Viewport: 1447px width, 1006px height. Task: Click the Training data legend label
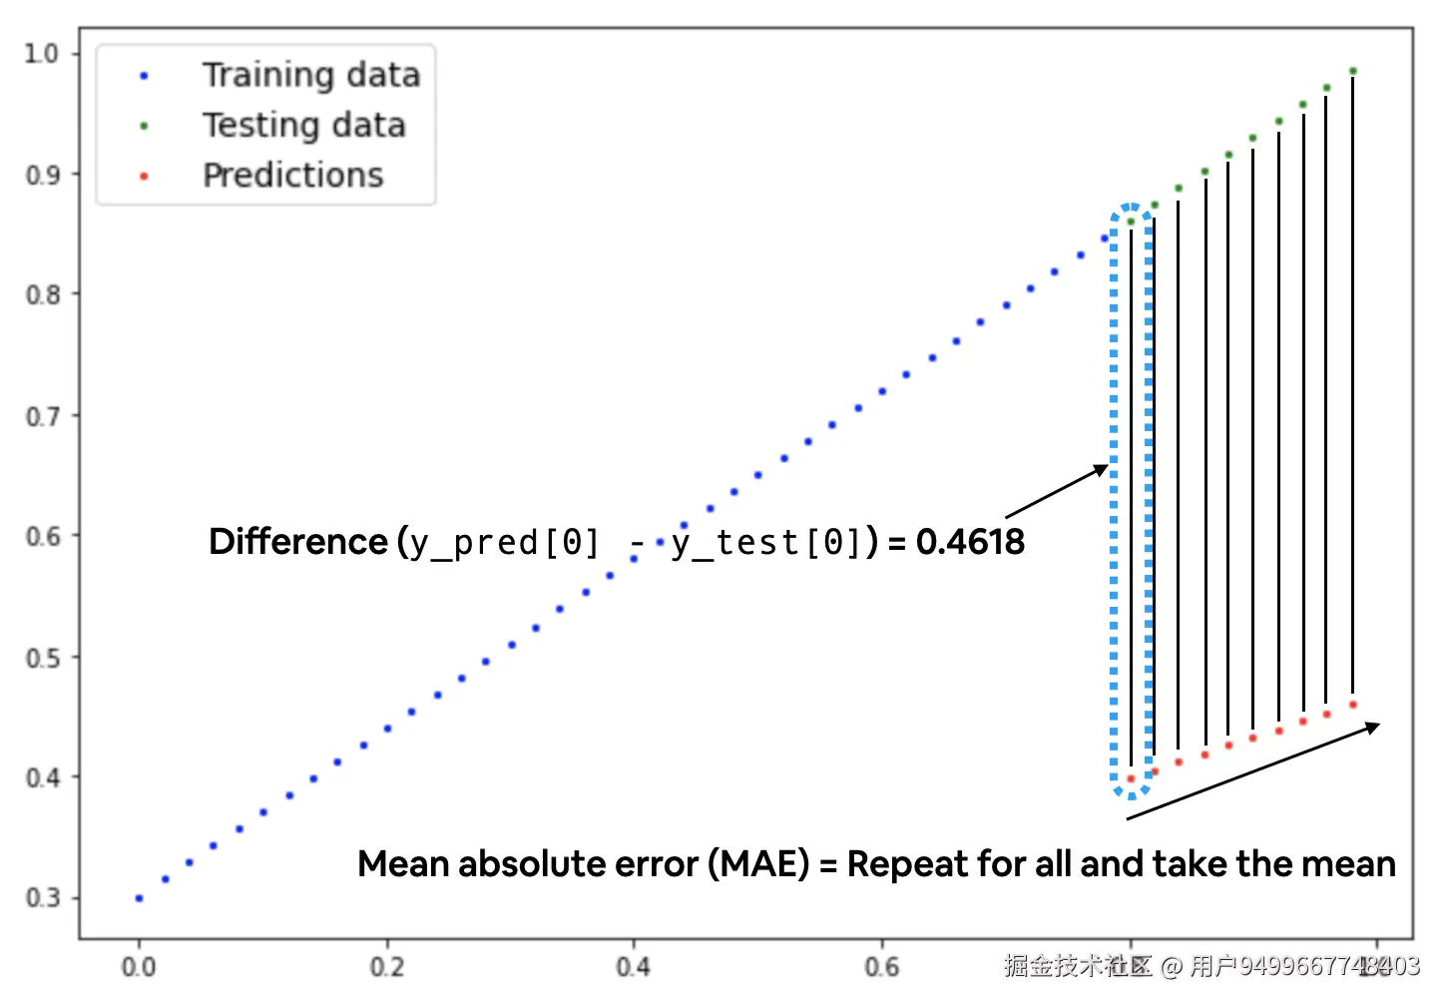(310, 76)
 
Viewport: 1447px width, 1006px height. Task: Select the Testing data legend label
(303, 126)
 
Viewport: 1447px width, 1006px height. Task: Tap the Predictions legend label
(292, 176)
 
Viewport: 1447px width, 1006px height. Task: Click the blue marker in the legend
(144, 76)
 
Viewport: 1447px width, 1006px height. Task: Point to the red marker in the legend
(144, 177)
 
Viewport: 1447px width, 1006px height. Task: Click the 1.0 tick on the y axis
(42, 53)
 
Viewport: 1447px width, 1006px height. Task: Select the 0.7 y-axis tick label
(42, 416)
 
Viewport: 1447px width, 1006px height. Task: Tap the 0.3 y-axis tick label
(42, 898)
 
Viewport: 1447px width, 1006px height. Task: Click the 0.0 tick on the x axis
(139, 966)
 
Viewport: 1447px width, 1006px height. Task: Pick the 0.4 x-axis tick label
(633, 966)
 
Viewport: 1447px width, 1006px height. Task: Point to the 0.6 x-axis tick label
(881, 966)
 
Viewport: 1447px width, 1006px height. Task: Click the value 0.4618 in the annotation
(970, 542)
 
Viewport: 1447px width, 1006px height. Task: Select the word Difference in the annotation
(297, 542)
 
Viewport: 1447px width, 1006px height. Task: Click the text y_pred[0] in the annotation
(505, 543)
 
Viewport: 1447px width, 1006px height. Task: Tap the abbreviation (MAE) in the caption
(758, 863)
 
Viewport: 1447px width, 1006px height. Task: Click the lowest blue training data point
(139, 898)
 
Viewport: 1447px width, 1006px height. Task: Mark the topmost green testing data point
(1353, 71)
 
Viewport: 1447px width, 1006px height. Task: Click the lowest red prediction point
(1131, 778)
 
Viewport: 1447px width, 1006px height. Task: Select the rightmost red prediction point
(1353, 705)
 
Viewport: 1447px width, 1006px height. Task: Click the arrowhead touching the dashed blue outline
(1102, 469)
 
